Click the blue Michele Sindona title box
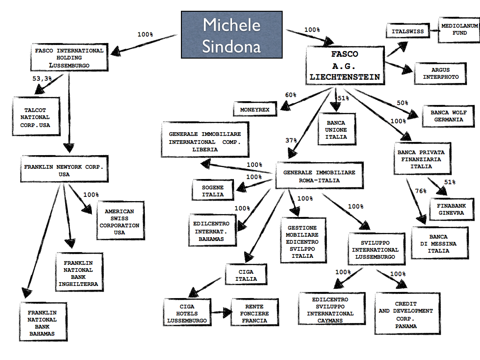coord(232,35)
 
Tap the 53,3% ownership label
coord(43,79)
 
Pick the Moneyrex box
coord(255,109)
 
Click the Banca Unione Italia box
coord(337,130)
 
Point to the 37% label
coord(291,140)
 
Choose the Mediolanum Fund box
coord(453,30)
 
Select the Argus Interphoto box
coord(440,74)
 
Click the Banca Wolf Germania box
coord(446,116)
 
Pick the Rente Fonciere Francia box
coord(255,314)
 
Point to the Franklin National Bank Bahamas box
coord(42,323)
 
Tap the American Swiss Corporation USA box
coord(120,222)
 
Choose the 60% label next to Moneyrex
coord(291,95)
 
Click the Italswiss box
coord(407,32)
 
